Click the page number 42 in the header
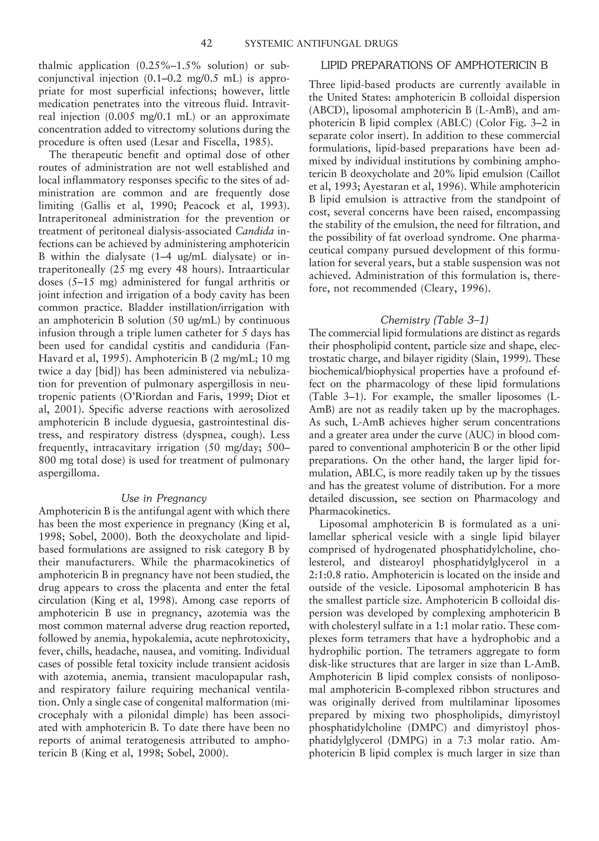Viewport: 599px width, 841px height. click(x=206, y=44)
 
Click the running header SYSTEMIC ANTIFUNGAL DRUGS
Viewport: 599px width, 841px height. click(x=321, y=44)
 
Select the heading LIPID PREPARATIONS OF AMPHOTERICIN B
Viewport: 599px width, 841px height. click(x=434, y=66)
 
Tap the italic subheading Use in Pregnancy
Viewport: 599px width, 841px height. click(x=164, y=498)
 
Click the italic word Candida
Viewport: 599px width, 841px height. click(x=254, y=231)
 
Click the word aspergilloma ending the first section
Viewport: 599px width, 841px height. click(x=69, y=473)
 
